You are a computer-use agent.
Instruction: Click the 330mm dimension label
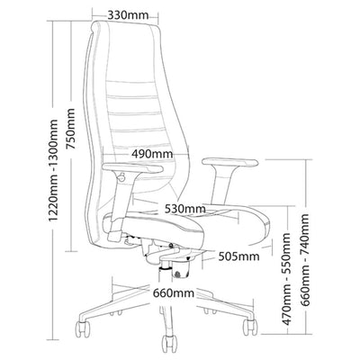128,14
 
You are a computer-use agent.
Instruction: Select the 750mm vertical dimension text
71,129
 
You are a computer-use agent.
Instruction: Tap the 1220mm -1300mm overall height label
53,170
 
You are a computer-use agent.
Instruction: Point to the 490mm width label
152,154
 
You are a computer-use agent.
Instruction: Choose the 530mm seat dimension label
185,209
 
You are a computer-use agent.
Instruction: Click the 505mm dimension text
238,256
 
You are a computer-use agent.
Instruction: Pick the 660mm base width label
174,292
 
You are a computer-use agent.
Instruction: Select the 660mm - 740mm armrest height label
305,260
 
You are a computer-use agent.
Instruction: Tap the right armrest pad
230,162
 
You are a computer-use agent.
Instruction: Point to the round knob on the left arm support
121,177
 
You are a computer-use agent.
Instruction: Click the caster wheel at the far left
82,328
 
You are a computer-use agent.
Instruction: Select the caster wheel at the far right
250,327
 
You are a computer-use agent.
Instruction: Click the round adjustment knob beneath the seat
177,274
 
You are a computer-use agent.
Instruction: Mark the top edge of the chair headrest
126,22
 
